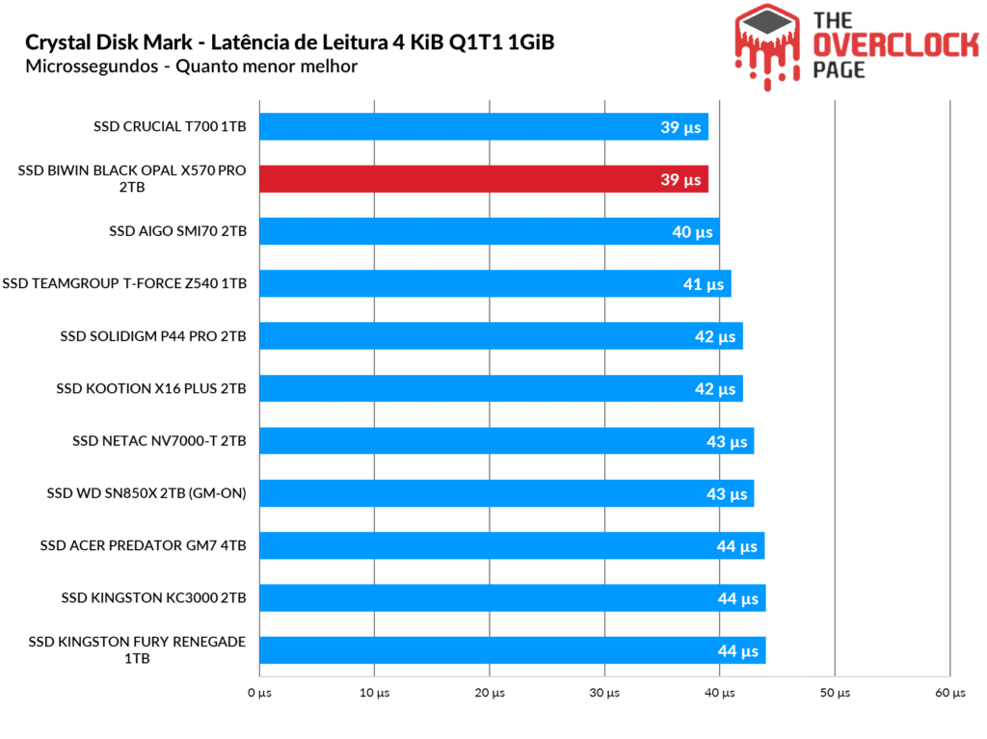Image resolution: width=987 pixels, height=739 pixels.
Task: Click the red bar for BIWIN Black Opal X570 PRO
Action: point(482,179)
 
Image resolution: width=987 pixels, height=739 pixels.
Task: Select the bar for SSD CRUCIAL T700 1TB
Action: point(482,126)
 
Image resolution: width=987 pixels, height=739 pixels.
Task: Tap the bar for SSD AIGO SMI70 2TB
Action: point(487,231)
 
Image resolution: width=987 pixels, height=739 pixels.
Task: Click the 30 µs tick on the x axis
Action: point(604,693)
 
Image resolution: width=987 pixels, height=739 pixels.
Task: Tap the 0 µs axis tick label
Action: point(258,693)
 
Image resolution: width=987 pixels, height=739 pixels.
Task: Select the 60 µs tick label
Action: point(949,693)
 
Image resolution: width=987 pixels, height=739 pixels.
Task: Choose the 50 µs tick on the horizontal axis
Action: point(835,693)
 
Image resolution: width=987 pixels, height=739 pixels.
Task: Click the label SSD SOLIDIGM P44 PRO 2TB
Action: point(153,336)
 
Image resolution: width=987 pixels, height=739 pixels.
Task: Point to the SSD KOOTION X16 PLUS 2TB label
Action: point(151,388)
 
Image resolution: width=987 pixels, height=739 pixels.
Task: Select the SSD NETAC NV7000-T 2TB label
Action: point(159,441)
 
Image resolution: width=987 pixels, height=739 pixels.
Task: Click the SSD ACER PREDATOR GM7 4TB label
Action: point(144,545)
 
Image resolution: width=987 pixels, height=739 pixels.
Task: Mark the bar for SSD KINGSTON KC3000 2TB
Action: point(511,597)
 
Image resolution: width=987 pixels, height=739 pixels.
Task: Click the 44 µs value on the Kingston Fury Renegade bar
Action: point(737,651)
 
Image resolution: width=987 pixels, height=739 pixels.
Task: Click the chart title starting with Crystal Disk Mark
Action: point(289,42)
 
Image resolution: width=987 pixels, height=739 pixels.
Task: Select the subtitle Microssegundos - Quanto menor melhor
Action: point(192,66)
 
